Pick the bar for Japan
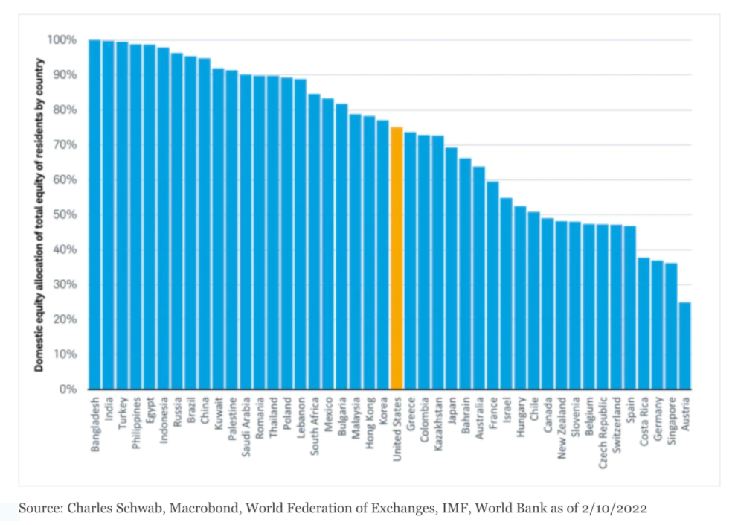[452, 268]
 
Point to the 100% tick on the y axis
[62, 39]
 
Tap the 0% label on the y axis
[68, 389]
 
